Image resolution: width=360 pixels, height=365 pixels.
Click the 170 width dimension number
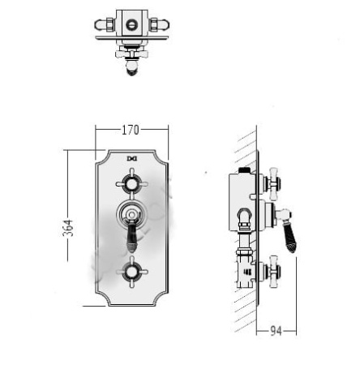click(131, 130)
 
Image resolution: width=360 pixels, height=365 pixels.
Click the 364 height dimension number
click(68, 228)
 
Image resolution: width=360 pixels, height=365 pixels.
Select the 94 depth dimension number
click(276, 331)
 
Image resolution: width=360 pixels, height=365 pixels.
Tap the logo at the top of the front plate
click(132, 159)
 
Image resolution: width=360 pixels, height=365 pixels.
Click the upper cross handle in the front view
click(132, 184)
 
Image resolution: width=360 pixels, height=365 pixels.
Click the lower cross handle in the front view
click(132, 272)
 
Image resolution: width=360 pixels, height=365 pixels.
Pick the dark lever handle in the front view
click(132, 236)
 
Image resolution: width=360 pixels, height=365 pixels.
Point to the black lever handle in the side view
click(290, 238)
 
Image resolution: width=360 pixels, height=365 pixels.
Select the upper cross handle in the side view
click(273, 184)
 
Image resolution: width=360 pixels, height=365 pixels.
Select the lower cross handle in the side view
click(273, 272)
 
